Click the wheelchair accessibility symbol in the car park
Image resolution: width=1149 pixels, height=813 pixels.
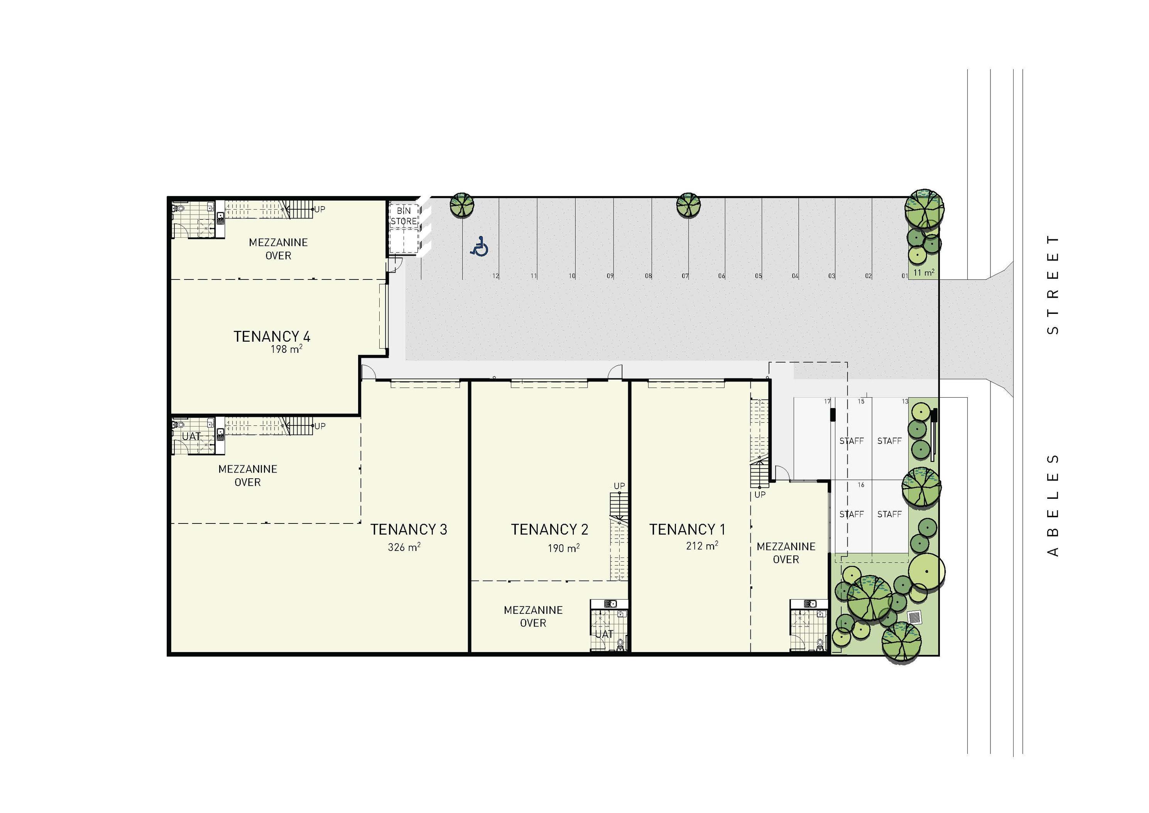point(480,246)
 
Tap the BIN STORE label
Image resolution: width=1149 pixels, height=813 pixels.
point(404,216)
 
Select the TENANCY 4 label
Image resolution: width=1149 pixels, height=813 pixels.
point(272,336)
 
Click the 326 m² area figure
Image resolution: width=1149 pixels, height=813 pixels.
point(404,547)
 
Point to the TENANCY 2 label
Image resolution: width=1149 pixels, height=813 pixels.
point(549,529)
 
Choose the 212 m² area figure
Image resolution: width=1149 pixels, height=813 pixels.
point(701,546)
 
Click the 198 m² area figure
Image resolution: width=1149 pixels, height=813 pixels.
point(286,349)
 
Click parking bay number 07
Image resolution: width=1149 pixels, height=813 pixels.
point(685,276)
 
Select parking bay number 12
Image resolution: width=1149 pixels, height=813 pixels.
point(495,276)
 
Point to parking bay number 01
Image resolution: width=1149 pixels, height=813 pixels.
point(905,276)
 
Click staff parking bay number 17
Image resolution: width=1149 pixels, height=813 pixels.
point(828,401)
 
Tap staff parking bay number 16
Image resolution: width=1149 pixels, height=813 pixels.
point(861,484)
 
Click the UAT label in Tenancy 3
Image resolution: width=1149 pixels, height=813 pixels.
point(191,437)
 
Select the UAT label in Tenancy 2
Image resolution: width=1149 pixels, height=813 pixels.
point(604,634)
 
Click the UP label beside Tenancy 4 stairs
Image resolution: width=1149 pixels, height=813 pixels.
point(320,209)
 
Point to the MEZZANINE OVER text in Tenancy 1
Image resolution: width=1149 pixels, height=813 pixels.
point(786,553)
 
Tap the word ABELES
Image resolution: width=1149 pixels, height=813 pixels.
point(1053,505)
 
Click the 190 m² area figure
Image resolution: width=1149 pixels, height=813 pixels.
point(563,548)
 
